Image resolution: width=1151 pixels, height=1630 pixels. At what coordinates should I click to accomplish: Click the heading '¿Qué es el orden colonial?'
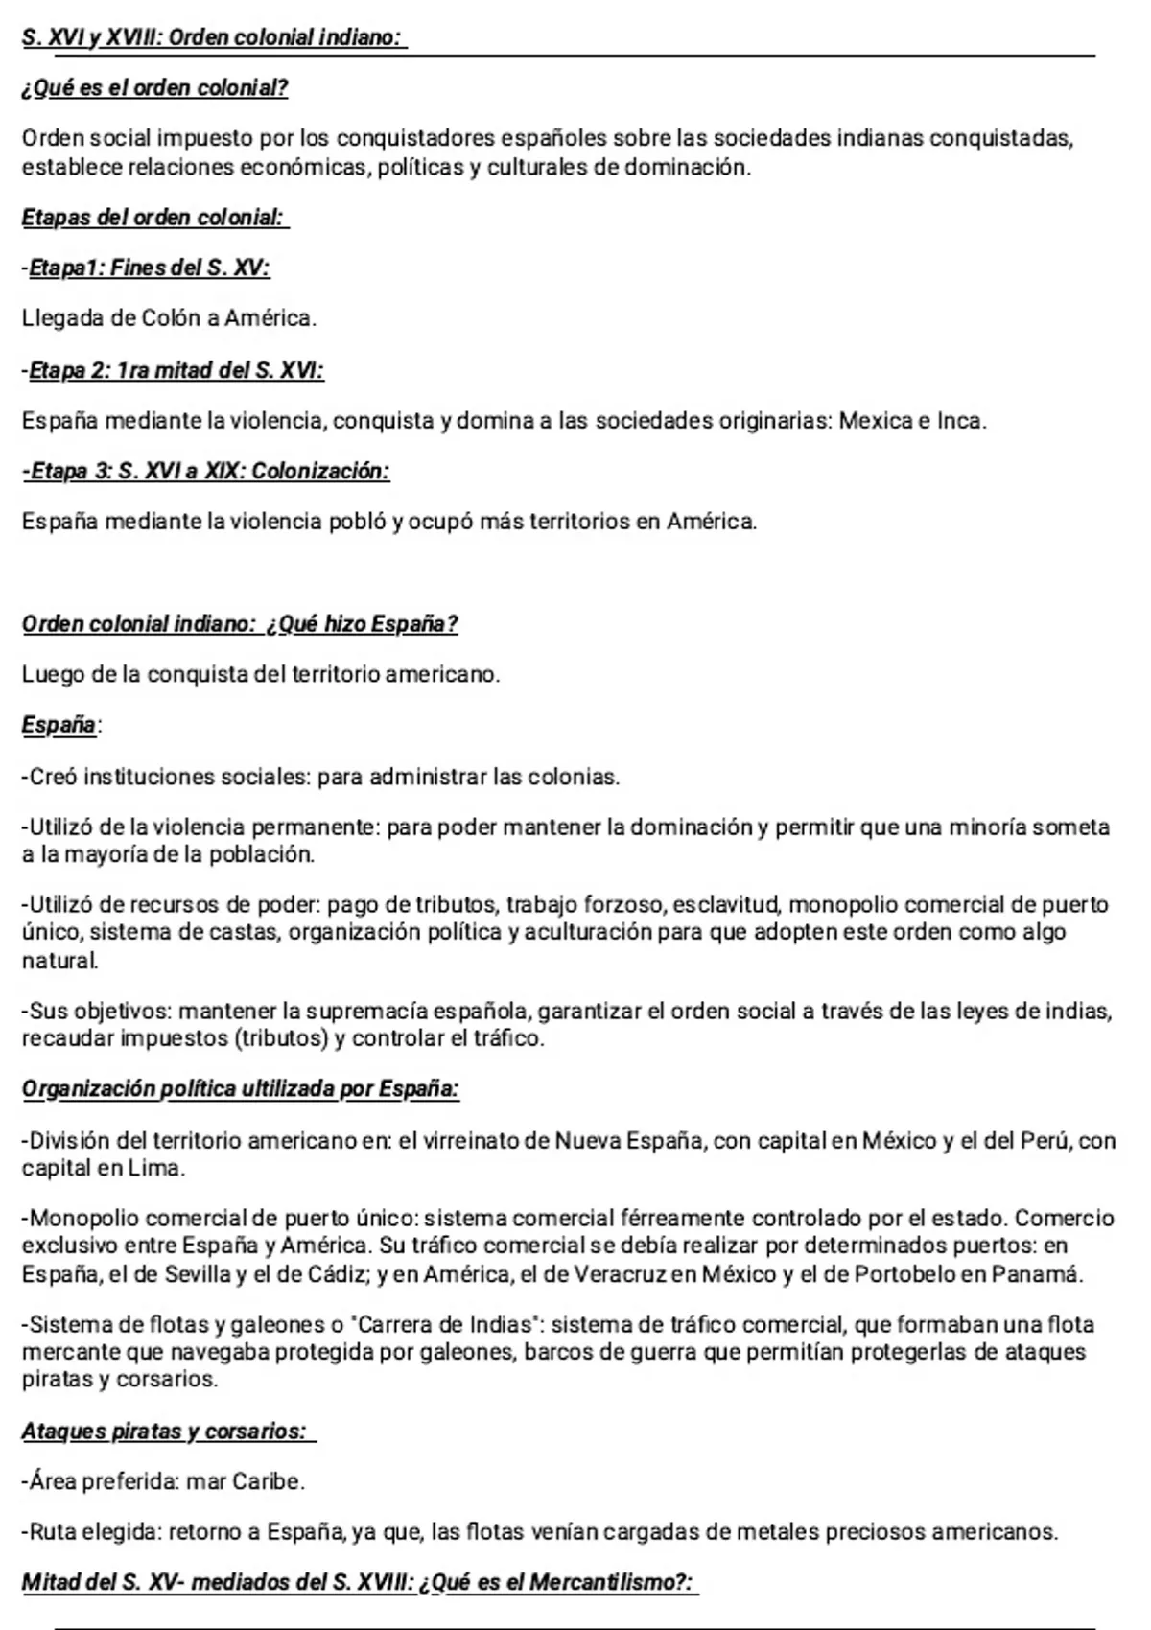coord(154,88)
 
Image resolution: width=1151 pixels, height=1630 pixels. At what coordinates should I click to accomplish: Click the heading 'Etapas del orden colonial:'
coord(154,218)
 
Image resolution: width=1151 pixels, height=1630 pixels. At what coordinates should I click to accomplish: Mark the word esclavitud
coord(726,904)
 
